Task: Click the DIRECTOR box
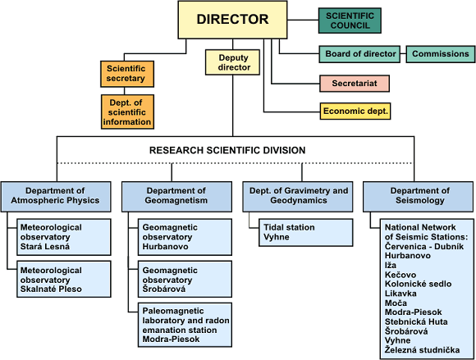232,20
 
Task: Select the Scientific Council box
350,21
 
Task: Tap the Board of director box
359,54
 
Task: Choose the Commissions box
441,54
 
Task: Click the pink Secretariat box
355,84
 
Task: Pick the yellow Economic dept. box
355,111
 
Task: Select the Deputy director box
233,62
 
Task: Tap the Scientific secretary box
127,74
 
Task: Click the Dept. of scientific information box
127,112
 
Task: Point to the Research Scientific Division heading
227,150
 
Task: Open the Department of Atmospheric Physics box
56,197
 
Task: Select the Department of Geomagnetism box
176,197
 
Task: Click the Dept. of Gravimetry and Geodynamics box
298,197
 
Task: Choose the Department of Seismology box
418,197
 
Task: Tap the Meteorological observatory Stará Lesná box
64,237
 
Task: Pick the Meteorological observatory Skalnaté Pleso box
64,279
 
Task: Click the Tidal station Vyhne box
306,232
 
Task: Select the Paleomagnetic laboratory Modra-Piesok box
185,325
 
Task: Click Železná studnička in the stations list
423,350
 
